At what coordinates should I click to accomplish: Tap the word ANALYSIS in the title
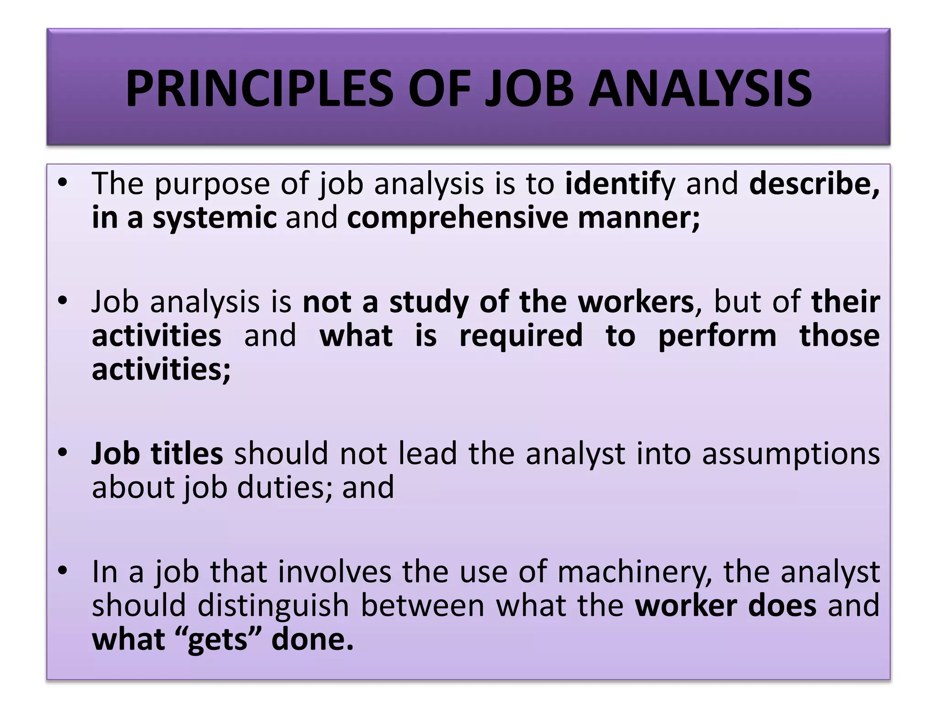click(700, 88)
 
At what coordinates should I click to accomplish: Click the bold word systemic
click(215, 217)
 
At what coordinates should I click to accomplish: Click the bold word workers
click(635, 302)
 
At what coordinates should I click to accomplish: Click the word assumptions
click(791, 454)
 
